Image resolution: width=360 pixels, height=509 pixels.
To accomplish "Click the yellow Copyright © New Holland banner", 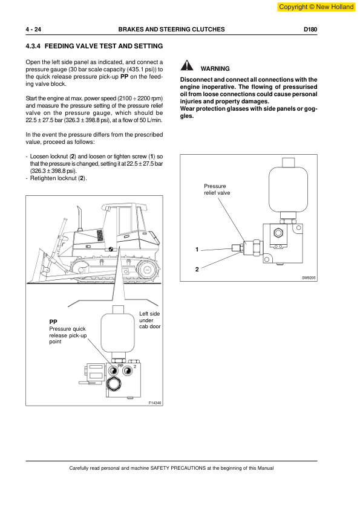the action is coord(316,7).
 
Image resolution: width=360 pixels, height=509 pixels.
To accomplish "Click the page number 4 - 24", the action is coord(33,30).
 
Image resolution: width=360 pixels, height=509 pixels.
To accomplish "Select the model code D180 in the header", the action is coord(310,30).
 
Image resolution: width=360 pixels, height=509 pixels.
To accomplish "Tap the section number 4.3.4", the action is coord(33,46).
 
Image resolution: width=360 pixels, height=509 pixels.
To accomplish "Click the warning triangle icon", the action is coord(187,65).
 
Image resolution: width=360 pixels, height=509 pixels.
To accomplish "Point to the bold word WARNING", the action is coord(215,69).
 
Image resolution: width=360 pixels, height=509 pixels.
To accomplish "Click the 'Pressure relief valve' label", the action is coord(217,190).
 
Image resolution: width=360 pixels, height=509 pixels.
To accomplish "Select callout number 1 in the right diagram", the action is coord(197,250).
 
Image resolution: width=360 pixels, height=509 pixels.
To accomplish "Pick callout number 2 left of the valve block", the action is coord(197,270).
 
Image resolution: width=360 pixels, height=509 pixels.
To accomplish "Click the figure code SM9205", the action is coord(309,278).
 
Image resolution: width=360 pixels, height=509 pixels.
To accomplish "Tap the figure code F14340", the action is coord(155,403).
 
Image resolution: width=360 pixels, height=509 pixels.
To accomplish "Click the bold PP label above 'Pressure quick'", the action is coord(53,322).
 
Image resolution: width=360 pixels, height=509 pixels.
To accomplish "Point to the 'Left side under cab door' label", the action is coord(150,320).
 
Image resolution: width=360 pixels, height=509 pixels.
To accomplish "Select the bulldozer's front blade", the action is coord(36,266).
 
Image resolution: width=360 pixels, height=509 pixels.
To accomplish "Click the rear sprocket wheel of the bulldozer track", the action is coord(147,270).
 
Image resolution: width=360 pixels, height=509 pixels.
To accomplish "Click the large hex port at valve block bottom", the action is coord(114,384).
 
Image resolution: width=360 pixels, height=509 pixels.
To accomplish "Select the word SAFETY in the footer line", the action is coord(160,468).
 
